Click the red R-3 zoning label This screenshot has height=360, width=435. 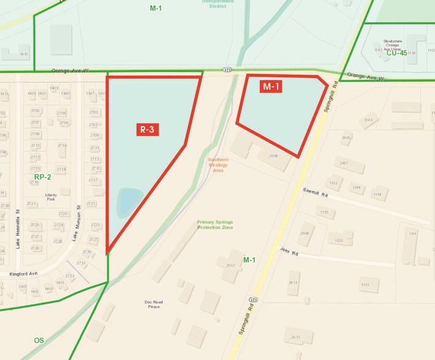point(146,129)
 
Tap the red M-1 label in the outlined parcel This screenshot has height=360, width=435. point(271,87)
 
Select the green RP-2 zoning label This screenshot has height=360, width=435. point(42,177)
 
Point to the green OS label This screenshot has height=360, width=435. point(39,340)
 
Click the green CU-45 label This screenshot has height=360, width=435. point(396,53)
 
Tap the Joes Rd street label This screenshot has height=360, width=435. point(289,251)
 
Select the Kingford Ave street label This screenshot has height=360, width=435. point(23,274)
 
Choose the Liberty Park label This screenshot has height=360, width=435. point(51,197)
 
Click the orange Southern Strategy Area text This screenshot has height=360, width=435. point(218,165)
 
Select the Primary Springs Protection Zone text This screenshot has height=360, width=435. point(215,225)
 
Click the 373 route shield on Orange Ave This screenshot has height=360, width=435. point(227,69)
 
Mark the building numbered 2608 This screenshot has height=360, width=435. point(273,156)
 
